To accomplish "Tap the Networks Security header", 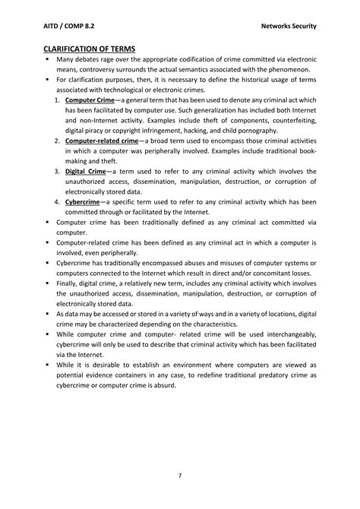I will (289, 26).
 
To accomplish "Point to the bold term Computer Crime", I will (90, 100).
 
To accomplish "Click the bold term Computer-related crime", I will (102, 141).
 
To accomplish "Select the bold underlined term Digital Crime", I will (86, 172).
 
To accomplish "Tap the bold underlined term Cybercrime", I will (83, 202).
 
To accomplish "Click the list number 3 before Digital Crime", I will (57, 172).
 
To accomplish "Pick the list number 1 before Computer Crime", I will (57, 100).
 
